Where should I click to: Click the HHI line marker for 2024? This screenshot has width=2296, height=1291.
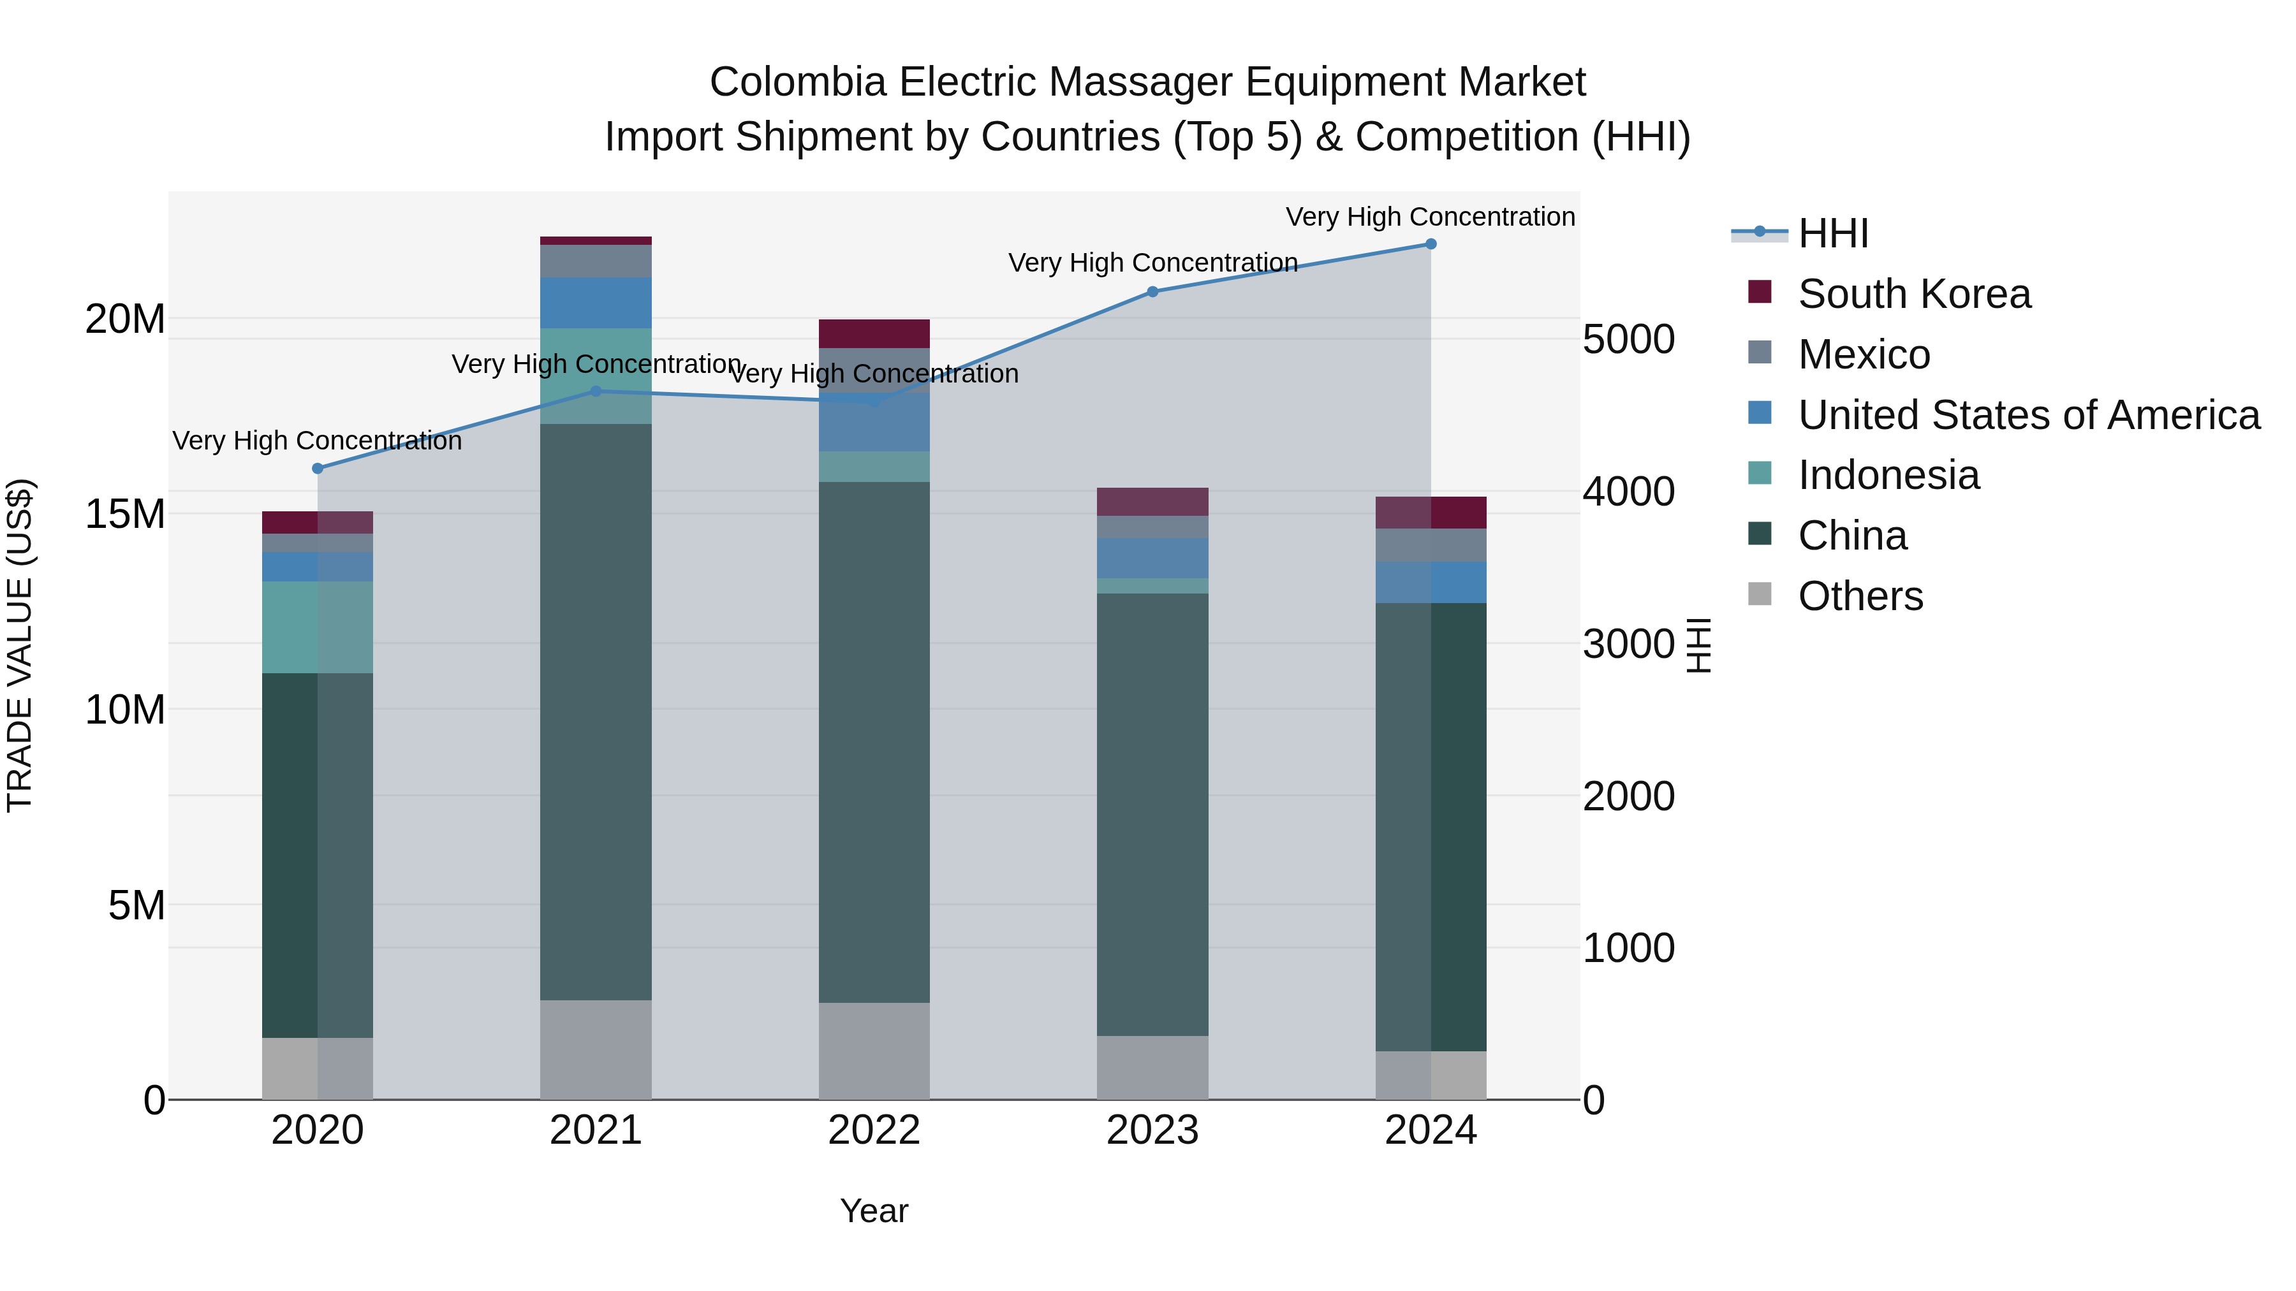click(1431, 244)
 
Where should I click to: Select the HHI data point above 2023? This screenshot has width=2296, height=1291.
click(1152, 291)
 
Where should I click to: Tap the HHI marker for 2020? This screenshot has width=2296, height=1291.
click(318, 469)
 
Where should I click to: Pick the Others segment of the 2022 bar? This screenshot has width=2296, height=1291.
click(874, 1051)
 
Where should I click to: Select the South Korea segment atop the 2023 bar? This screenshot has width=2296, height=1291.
click(1152, 502)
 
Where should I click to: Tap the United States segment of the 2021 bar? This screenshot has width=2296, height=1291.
click(596, 303)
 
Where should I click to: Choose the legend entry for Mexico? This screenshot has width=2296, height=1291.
click(1863, 354)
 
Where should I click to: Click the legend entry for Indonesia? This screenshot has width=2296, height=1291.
click(1888, 475)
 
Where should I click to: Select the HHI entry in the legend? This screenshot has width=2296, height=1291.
click(1832, 233)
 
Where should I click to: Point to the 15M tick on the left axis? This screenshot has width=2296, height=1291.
click(125, 514)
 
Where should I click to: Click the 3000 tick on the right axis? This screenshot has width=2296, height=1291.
click(1628, 644)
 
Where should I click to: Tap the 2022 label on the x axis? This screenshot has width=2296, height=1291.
click(874, 1130)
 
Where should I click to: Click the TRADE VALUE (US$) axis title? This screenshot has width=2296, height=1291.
click(20, 645)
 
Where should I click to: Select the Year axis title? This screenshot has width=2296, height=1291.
click(874, 1211)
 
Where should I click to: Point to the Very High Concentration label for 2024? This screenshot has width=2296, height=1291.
click(1430, 217)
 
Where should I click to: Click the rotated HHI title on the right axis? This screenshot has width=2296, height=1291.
click(1699, 645)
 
